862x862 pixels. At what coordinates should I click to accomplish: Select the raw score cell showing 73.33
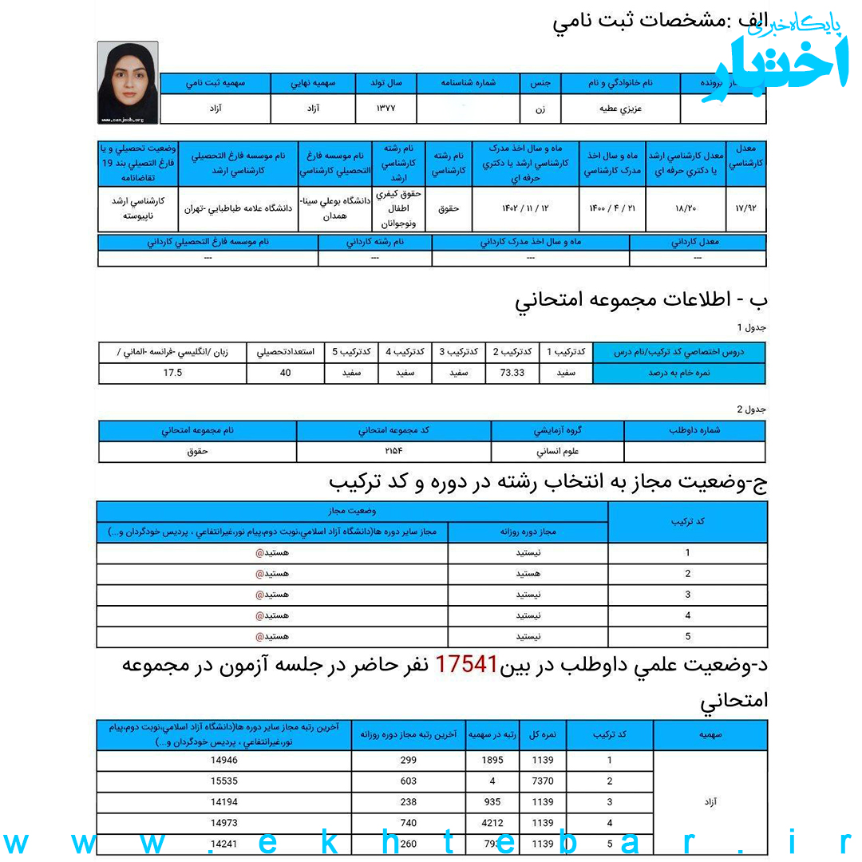click(x=512, y=373)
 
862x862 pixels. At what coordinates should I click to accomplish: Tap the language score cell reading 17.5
click(x=172, y=373)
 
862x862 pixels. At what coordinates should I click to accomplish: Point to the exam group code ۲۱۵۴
click(x=394, y=452)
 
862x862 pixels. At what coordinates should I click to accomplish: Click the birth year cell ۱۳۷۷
click(x=386, y=109)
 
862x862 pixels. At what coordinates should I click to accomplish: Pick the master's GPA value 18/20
click(x=686, y=208)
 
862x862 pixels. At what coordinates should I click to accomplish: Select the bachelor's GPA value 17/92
click(x=746, y=208)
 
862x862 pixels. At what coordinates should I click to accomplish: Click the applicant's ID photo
click(x=128, y=83)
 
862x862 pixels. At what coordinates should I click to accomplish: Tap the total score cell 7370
click(x=542, y=781)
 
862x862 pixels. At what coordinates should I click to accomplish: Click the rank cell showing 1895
click(x=492, y=761)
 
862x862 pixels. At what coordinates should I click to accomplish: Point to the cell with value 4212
click(x=492, y=823)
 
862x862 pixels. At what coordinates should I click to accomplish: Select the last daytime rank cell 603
click(x=408, y=781)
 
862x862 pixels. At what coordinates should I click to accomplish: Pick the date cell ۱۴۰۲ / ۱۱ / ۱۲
click(x=525, y=208)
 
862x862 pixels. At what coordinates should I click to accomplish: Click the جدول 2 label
click(x=751, y=409)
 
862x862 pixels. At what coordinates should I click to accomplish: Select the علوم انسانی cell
click(x=558, y=452)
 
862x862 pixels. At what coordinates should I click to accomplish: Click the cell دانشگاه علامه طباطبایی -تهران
click(x=238, y=208)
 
